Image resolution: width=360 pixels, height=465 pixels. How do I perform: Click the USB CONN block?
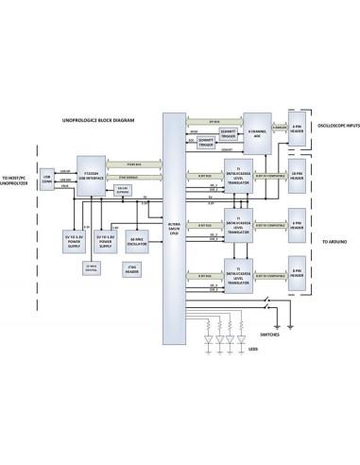pos(47,178)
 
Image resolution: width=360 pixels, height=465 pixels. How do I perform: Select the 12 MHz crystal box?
pos(92,268)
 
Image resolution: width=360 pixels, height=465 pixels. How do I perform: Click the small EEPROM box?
pos(124,189)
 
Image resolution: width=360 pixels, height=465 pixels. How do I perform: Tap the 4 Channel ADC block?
pos(256,134)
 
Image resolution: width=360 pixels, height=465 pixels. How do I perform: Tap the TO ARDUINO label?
pos(335,242)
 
